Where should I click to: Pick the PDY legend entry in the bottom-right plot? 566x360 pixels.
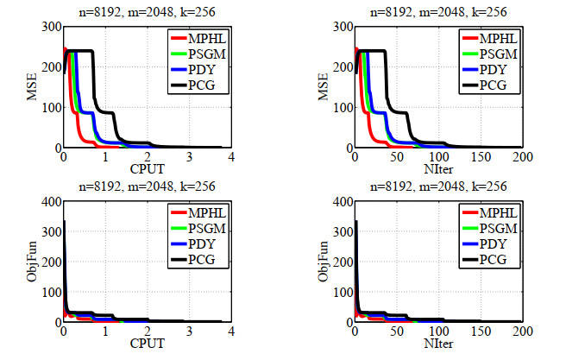(x=487, y=243)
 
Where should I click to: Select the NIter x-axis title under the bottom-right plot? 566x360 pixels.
(x=437, y=342)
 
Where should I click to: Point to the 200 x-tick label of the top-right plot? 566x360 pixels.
(x=520, y=158)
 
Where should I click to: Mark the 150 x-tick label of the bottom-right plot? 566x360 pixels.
(x=480, y=332)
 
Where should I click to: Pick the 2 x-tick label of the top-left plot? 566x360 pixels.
(x=146, y=158)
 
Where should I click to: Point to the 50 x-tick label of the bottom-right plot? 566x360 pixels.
(x=396, y=332)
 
